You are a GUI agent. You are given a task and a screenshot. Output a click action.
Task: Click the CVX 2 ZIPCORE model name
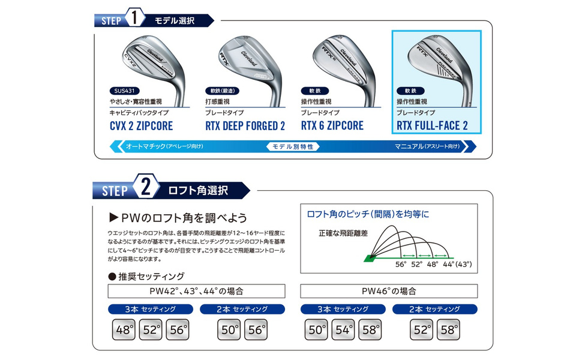142,125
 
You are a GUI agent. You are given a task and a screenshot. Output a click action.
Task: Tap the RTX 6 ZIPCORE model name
332,125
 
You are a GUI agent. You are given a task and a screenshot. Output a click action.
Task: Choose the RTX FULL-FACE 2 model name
431,125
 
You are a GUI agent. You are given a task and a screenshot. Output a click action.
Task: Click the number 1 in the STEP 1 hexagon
136,19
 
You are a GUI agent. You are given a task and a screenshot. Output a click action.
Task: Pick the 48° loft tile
124,330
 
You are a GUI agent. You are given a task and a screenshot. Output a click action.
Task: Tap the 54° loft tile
344,330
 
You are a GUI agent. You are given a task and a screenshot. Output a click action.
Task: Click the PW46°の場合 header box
389,291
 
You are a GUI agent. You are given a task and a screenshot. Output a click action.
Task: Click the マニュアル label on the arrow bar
427,146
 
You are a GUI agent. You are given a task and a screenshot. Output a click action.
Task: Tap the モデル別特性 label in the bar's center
292,146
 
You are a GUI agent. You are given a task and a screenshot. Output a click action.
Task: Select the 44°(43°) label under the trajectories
457,264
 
